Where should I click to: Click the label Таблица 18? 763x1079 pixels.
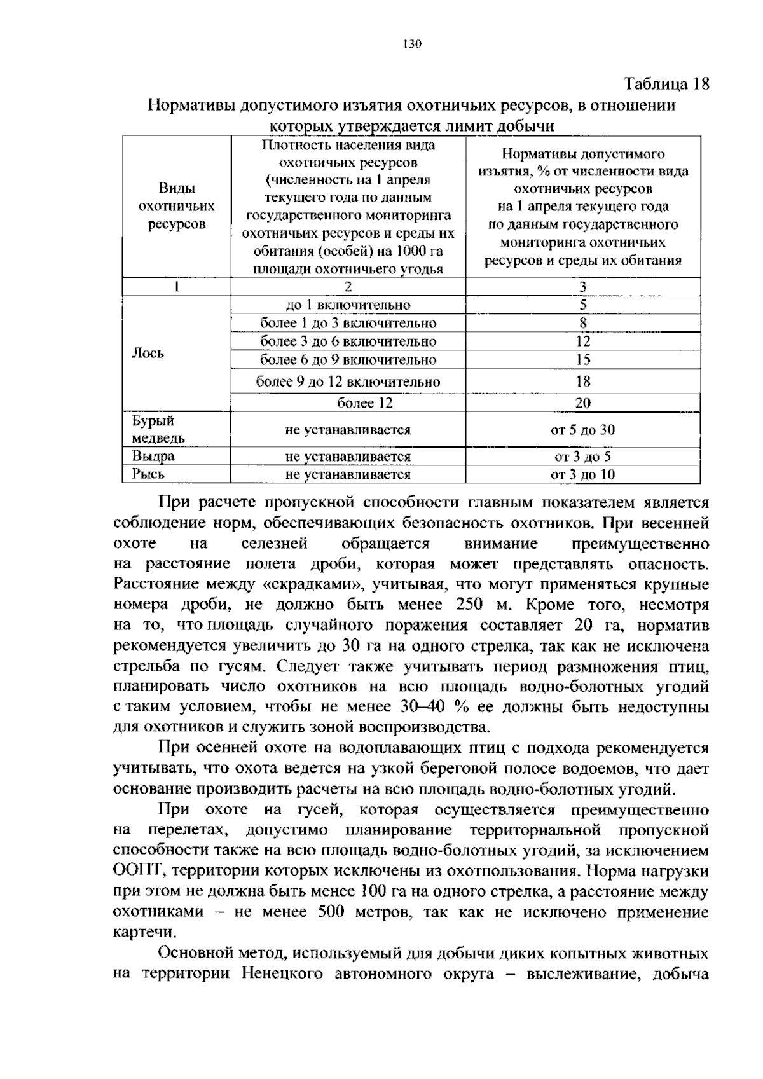(666, 84)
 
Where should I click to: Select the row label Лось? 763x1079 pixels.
(148, 353)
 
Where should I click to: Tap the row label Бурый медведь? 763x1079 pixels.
(158, 429)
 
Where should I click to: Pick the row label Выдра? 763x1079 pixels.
(153, 456)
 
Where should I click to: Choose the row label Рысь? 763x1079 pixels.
(148, 474)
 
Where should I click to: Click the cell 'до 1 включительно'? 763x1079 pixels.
(348, 305)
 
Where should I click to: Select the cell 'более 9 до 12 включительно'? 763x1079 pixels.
(348, 381)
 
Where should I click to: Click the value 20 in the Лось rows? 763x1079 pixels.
(582, 402)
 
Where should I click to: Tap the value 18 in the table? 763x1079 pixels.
(582, 381)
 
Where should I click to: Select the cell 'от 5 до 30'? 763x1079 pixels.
(582, 429)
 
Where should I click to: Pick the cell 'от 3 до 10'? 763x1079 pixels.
(582, 474)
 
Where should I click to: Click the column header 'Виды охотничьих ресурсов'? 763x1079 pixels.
(176, 207)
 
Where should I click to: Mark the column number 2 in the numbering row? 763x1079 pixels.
(348, 287)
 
